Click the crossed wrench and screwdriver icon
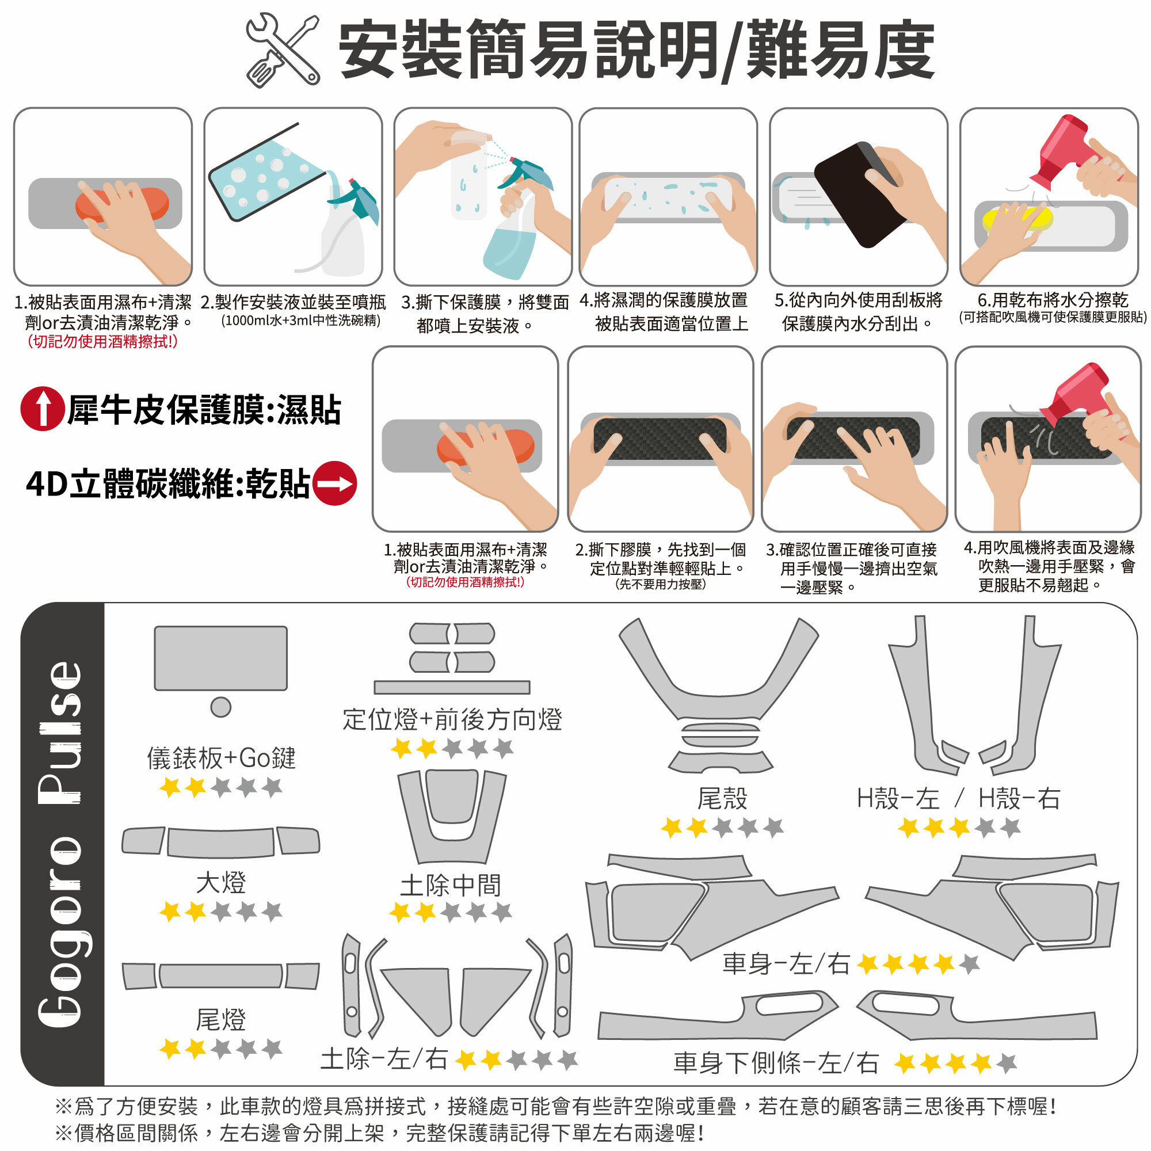coord(283,50)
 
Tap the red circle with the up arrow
coord(42,409)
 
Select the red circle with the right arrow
coord(335,483)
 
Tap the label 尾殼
coord(722,798)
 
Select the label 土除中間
coord(451,885)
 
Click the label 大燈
coord(221,882)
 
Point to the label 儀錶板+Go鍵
coord(221,758)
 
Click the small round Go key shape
coord(221,707)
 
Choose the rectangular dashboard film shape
coord(221,658)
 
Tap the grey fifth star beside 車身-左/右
coord(969,963)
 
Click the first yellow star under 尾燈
coord(171,1049)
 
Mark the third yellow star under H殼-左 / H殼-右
coord(959,828)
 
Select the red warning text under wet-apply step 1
coord(102,341)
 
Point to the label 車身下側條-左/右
coord(776,1062)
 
